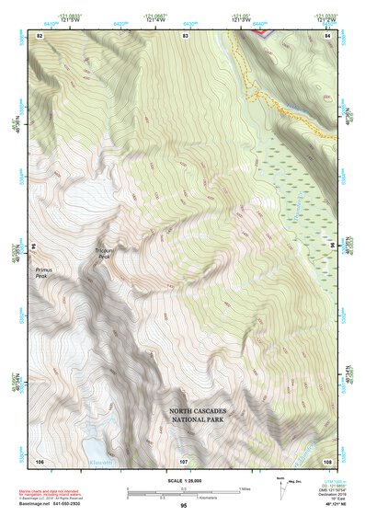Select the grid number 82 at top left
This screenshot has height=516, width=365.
(40, 35)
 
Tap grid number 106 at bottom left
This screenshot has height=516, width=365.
(40, 460)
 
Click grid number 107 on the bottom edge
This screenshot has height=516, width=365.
(184, 460)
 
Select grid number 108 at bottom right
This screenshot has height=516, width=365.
(328, 460)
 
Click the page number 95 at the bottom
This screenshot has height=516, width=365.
(184, 505)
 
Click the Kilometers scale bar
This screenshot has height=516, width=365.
(184, 494)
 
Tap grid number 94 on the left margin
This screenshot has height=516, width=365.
(31, 247)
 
